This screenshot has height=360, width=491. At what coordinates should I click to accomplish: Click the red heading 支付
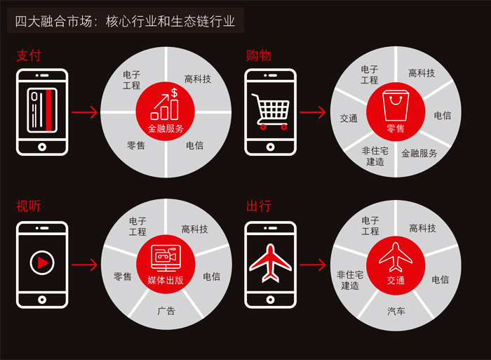pyautogui.click(x=29, y=55)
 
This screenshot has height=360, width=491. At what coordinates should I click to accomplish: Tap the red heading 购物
pyautogui.click(x=258, y=55)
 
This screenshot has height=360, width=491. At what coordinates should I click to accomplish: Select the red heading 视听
pyautogui.click(x=29, y=206)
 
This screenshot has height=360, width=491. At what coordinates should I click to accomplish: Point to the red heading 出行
pyautogui.click(x=258, y=206)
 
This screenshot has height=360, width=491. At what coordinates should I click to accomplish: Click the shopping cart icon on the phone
pyautogui.click(x=271, y=112)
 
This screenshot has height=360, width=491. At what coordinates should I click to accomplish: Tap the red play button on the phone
pyautogui.click(x=42, y=262)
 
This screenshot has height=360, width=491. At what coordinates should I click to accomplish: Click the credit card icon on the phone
pyautogui.click(x=42, y=110)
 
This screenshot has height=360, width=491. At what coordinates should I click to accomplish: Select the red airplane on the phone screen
pyautogui.click(x=270, y=262)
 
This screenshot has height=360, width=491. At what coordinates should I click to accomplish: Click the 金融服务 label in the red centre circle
pyautogui.click(x=166, y=128)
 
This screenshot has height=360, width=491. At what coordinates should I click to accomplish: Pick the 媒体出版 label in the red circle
pyautogui.click(x=166, y=280)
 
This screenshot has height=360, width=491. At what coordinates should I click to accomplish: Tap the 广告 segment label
pyautogui.click(x=166, y=311)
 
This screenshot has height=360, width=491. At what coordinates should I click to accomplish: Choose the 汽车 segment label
pyautogui.click(x=396, y=311)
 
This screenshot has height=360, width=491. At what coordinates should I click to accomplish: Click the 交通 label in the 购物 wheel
pyautogui.click(x=349, y=118)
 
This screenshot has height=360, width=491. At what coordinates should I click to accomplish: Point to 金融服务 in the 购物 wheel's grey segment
pyautogui.click(x=419, y=153)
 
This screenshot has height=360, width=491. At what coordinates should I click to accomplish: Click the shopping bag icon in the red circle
pyautogui.click(x=396, y=105)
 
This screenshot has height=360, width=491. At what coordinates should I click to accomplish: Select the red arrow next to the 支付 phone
pyautogui.click(x=85, y=112)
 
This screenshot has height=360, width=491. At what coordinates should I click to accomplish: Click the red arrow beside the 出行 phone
pyautogui.click(x=313, y=265)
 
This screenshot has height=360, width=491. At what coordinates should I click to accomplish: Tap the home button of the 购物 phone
pyautogui.click(x=270, y=147)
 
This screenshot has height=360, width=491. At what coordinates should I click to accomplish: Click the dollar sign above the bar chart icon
pyautogui.click(x=174, y=93)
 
